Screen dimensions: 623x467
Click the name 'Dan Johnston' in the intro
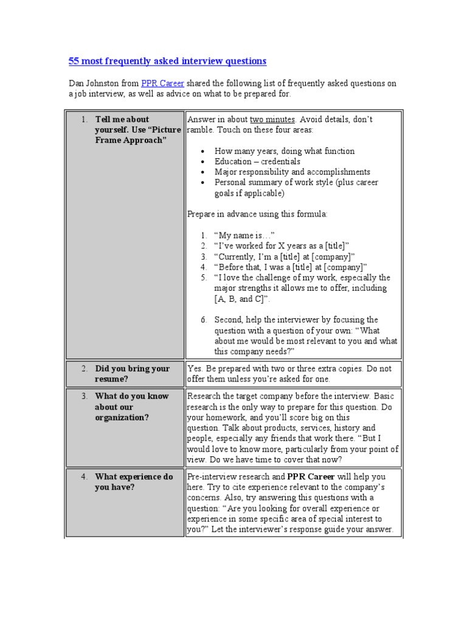point(91,83)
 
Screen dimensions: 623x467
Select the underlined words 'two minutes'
point(272,119)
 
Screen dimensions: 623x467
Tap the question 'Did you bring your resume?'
point(132,374)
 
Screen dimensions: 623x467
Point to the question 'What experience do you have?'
point(134,482)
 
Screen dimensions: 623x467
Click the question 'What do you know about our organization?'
point(132,407)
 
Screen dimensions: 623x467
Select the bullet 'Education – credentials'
point(257,162)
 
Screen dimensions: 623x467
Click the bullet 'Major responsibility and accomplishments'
point(292,172)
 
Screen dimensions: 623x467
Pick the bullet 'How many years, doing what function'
point(284,151)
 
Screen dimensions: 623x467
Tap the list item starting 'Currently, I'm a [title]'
point(285,256)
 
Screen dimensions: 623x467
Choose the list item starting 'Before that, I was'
point(291,267)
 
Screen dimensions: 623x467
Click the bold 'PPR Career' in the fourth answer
point(311,477)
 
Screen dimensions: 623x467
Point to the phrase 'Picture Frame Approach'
point(137,135)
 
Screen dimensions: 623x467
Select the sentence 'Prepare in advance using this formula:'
point(257,214)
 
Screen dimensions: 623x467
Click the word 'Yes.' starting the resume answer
point(196,369)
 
